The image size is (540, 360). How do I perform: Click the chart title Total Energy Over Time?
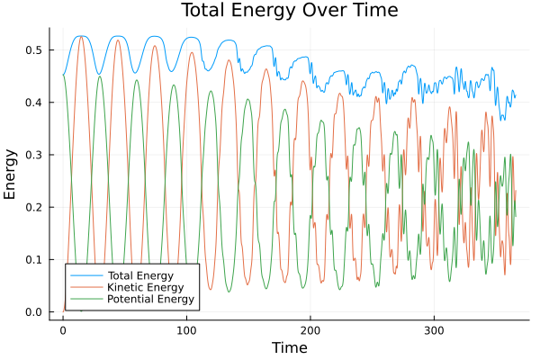[275, 11]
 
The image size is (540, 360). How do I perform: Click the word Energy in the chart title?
[265, 12]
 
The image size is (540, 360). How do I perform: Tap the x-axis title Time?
[289, 347]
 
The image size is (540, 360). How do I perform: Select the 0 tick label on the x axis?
[63, 330]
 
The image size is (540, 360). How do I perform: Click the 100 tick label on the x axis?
[186, 330]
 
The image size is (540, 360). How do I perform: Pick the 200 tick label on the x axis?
[310, 330]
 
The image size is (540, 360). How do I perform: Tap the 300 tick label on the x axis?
[434, 330]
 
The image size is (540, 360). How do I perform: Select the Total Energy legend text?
[139, 274]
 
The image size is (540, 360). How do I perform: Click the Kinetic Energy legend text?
[144, 286]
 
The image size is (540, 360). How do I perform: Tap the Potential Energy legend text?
[150, 299]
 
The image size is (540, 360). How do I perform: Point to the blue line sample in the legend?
[86, 274]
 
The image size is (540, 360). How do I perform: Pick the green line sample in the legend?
[86, 299]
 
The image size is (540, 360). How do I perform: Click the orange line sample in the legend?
[86, 286]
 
